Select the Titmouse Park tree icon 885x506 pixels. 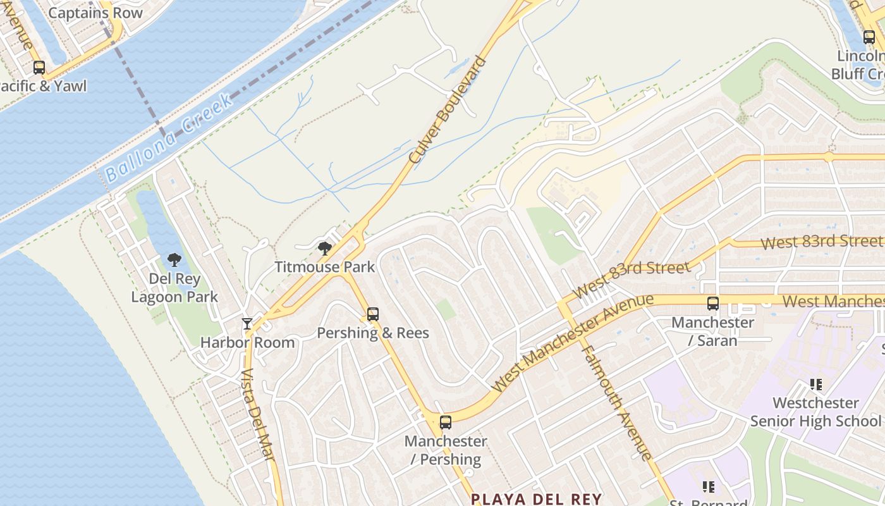325,249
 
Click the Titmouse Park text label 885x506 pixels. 324,267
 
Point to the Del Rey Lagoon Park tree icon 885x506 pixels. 174,259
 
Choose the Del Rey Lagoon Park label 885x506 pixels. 174,288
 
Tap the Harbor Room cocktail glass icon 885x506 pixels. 247,324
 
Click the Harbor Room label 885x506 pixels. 248,343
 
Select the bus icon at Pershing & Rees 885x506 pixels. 373,314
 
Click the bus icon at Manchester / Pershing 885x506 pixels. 446,423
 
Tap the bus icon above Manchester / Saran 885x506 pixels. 713,304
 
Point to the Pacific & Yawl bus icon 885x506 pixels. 39,68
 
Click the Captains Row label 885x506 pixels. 95,13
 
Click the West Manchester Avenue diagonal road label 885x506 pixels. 571,343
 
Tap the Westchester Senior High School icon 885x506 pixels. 815,384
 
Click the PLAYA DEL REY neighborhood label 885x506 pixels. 537,499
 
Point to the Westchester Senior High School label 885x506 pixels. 815,412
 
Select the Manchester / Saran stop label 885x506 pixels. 712,331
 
